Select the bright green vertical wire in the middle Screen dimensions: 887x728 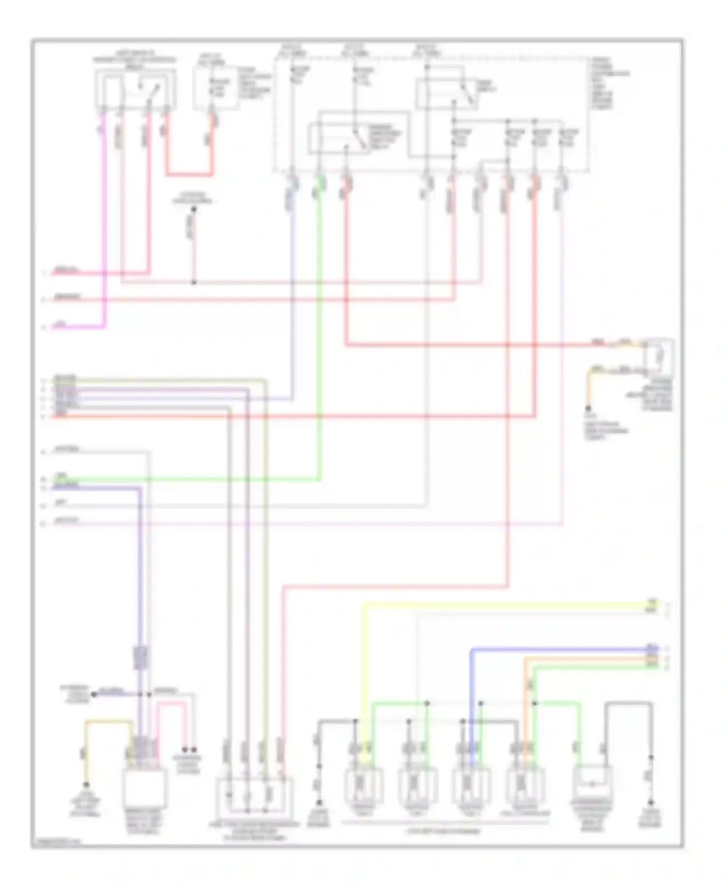point(319,340)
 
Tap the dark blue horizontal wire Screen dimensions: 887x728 point(558,649)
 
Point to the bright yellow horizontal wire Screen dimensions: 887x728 point(505,605)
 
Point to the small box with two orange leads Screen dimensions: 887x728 point(659,358)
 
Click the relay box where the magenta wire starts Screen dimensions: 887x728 point(135,90)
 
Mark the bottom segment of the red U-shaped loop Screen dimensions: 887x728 point(189,175)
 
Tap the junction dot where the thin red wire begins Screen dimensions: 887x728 point(193,210)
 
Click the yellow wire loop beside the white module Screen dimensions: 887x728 point(108,723)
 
